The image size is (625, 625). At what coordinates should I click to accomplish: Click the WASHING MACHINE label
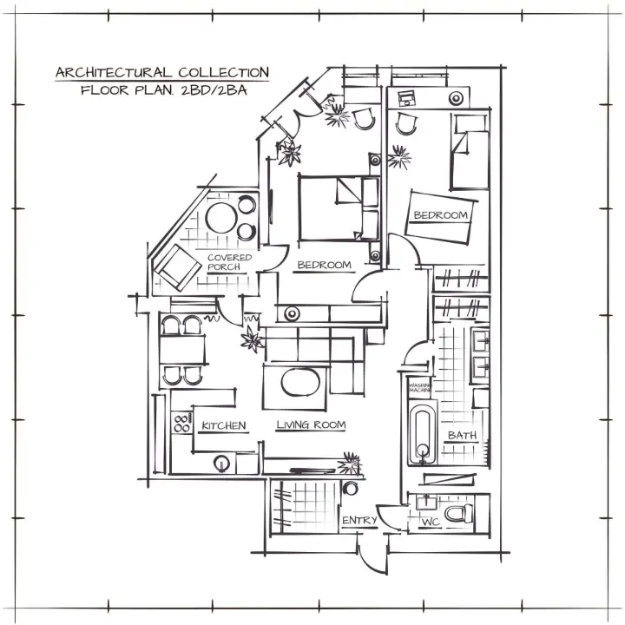coord(421,387)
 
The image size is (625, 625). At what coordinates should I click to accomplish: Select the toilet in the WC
coord(457,514)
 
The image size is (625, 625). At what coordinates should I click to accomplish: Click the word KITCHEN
coord(224,426)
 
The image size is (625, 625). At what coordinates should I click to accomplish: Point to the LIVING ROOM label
coord(311,425)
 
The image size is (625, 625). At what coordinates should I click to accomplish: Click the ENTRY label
coord(359,521)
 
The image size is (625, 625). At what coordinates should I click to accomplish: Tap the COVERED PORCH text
coord(229,262)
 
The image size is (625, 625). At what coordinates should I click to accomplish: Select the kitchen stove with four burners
coord(182,424)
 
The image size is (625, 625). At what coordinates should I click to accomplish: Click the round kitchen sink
coord(221,464)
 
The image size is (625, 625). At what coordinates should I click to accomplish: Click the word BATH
coord(462,435)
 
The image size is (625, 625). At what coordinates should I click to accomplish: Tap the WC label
coord(430,523)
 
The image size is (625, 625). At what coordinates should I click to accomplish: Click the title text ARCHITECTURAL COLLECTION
coord(162,73)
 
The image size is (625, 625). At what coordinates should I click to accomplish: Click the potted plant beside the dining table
coord(252,339)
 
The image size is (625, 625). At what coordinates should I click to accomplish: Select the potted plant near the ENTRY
coord(351,461)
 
